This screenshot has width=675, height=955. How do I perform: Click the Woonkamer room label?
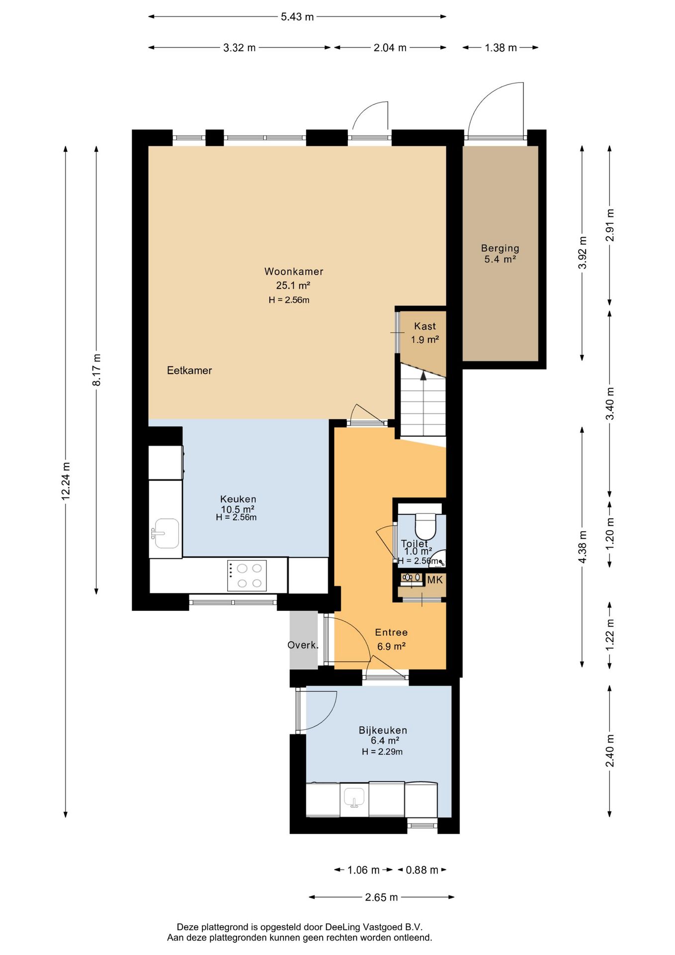click(x=294, y=272)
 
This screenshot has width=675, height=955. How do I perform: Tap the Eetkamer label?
click(x=189, y=371)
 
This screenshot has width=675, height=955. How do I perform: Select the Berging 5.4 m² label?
click(x=500, y=254)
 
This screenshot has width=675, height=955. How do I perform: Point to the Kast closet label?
click(x=425, y=326)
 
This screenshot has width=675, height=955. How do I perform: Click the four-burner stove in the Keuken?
click(x=247, y=576)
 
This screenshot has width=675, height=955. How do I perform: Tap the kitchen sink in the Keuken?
click(x=167, y=533)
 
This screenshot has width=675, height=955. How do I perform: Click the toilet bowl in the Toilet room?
click(x=425, y=527)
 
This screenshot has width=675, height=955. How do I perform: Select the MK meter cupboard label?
click(x=435, y=580)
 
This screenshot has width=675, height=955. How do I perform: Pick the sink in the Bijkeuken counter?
click(x=354, y=798)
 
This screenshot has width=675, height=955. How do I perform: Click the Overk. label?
click(x=303, y=645)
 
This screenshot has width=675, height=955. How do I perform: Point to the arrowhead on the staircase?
click(x=423, y=376)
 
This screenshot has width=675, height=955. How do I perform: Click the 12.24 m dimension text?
click(x=66, y=480)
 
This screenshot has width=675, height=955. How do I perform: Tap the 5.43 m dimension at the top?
click(x=297, y=17)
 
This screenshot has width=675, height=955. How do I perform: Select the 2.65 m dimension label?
click(x=381, y=897)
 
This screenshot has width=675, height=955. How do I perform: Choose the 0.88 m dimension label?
click(x=422, y=870)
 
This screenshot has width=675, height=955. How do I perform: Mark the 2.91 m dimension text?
click(x=610, y=225)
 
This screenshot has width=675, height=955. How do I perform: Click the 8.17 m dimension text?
click(x=96, y=370)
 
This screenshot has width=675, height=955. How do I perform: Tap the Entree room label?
click(x=391, y=633)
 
